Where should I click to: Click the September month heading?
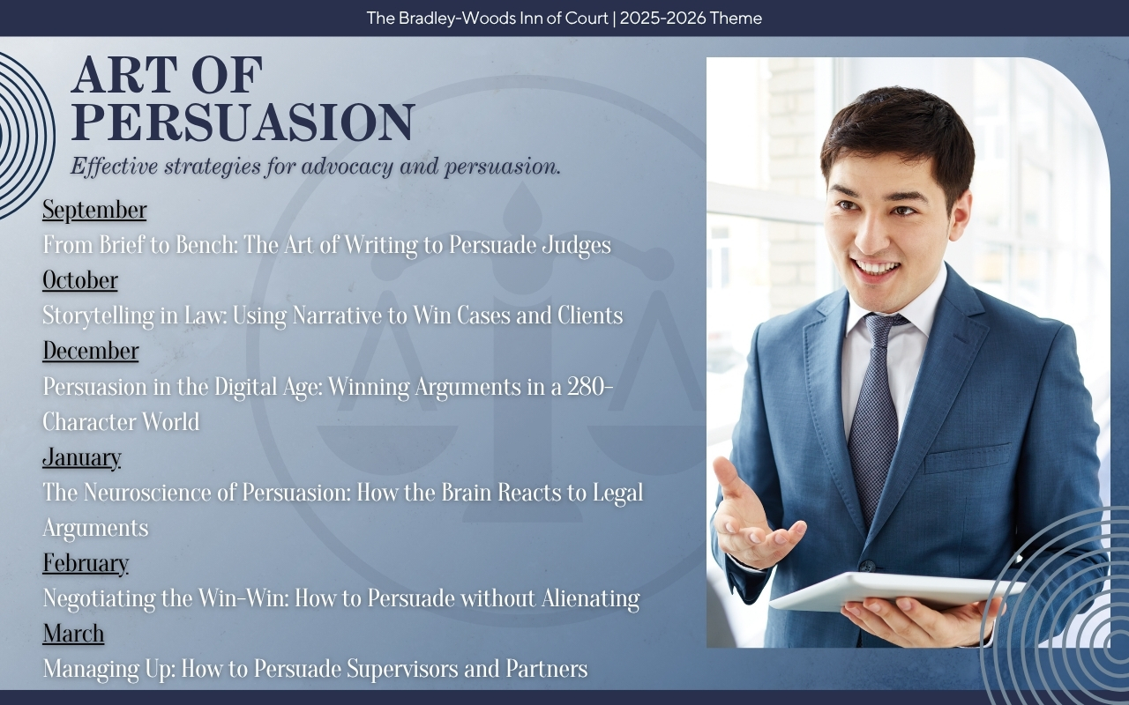tap(94, 210)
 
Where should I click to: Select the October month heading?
tap(80, 280)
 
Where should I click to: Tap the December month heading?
tap(91, 351)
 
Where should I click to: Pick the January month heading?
tap(82, 457)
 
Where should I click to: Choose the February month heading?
tap(86, 563)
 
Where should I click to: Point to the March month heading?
tap(73, 634)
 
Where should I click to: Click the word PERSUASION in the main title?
tap(243, 122)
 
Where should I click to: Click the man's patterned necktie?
tap(874, 403)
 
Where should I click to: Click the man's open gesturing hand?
tap(751, 519)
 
